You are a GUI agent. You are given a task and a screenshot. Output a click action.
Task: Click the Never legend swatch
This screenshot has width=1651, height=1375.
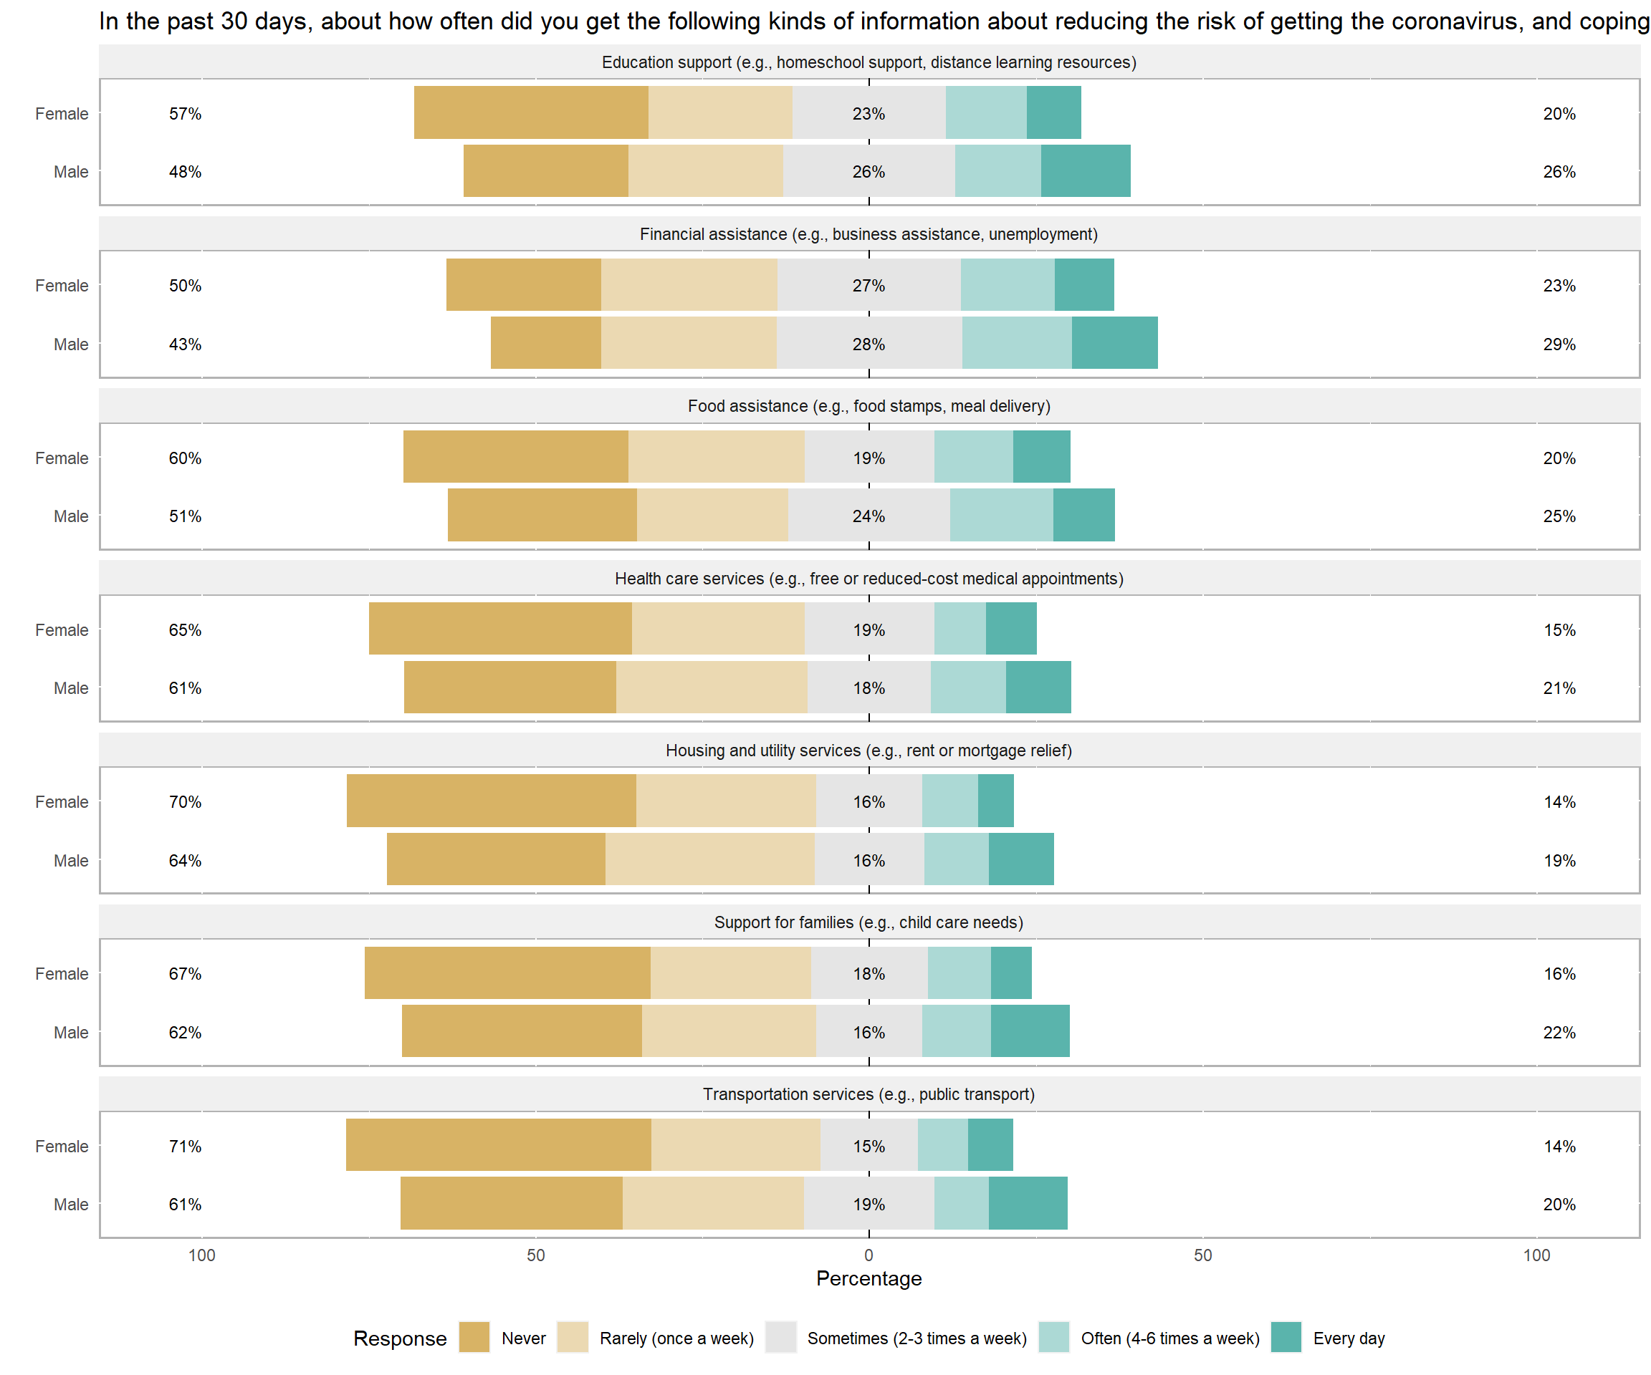pyautogui.click(x=474, y=1337)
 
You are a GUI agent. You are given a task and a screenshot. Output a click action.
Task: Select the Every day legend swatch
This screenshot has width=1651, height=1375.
pyautogui.click(x=1286, y=1337)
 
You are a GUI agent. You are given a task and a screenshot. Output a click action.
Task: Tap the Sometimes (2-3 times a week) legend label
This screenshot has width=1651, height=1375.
pyautogui.click(x=917, y=1338)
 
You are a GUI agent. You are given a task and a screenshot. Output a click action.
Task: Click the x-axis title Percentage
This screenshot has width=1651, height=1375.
pyautogui.click(x=868, y=1278)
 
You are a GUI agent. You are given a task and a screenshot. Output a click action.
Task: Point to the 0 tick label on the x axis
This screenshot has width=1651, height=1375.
pyautogui.click(x=868, y=1255)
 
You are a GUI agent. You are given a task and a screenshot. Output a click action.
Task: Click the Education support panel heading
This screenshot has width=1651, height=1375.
pyautogui.click(x=868, y=62)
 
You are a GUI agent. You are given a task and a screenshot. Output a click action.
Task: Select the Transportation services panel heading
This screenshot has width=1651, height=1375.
pyautogui.click(x=868, y=1094)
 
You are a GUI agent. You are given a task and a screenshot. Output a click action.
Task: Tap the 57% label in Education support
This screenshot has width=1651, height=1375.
pyautogui.click(x=186, y=114)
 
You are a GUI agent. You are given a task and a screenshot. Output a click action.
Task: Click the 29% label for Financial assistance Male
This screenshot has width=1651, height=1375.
pyautogui.click(x=1559, y=344)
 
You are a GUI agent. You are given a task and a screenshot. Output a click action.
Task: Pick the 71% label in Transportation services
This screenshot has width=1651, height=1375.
pyautogui.click(x=186, y=1147)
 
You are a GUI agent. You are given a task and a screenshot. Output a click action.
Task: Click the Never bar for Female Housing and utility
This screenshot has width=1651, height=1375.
pyautogui.click(x=492, y=801)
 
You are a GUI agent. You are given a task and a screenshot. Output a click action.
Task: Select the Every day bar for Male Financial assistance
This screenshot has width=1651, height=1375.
pyautogui.click(x=1115, y=342)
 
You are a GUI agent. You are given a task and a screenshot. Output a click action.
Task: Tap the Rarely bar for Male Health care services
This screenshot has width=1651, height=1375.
pyautogui.click(x=712, y=687)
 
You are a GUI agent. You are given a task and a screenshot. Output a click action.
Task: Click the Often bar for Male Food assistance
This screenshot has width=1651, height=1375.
pyautogui.click(x=1002, y=515)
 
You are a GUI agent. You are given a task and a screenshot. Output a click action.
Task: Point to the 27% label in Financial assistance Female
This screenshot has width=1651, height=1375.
pyautogui.click(x=868, y=285)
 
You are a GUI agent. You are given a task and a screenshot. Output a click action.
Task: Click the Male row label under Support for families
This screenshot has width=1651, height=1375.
pyautogui.click(x=71, y=1033)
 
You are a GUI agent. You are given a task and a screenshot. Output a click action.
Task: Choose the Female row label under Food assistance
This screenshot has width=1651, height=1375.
pyautogui.click(x=62, y=458)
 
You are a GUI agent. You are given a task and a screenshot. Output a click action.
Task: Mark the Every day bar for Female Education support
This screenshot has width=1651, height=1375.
pyautogui.click(x=1053, y=112)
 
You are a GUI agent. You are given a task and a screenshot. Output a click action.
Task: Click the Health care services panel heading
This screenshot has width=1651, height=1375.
pyautogui.click(x=868, y=578)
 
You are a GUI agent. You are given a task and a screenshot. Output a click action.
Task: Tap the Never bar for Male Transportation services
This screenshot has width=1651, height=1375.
pyautogui.click(x=512, y=1203)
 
